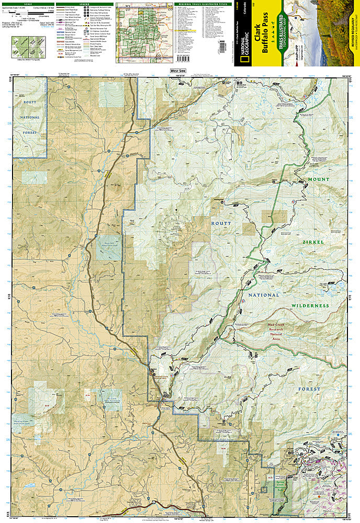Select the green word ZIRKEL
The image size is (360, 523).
(x=313, y=242)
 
